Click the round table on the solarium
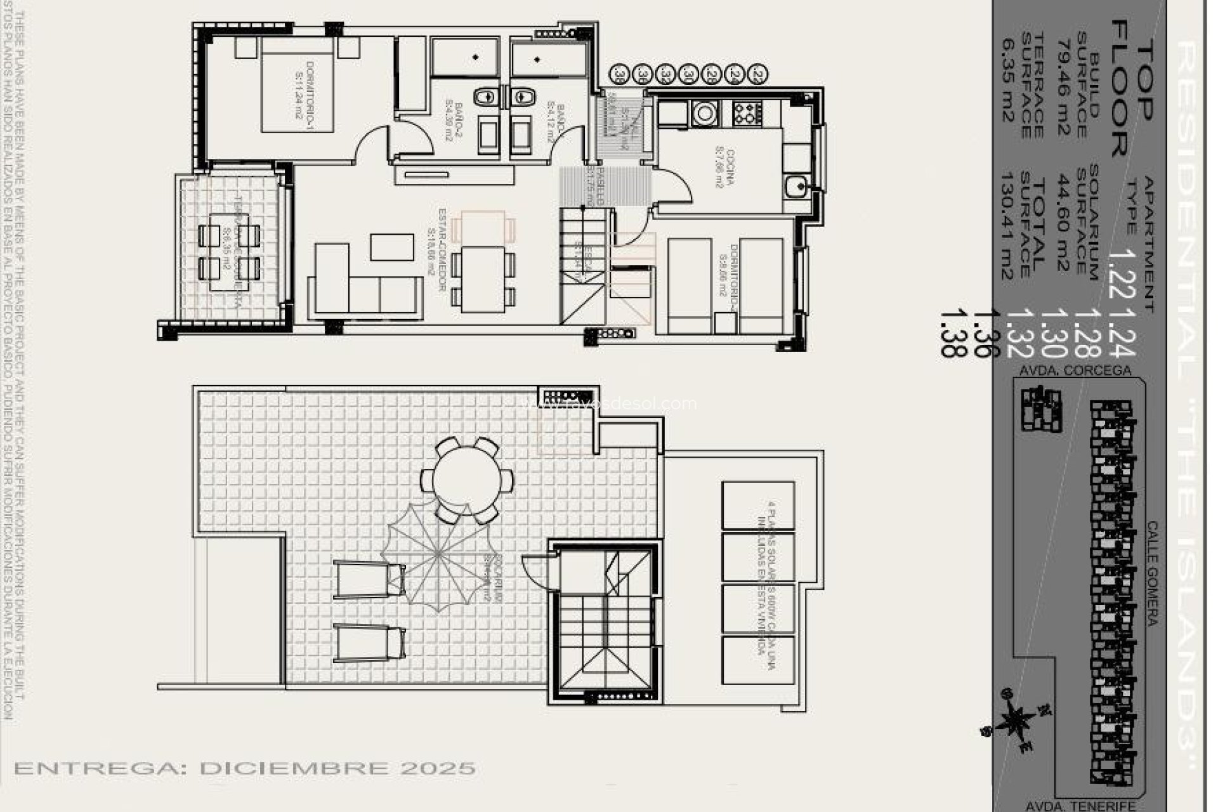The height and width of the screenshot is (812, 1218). click(x=466, y=479)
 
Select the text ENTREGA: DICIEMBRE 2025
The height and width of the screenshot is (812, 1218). click(x=245, y=768)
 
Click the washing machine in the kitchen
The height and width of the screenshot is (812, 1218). click(x=704, y=113)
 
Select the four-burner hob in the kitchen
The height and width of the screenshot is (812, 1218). click(x=747, y=113)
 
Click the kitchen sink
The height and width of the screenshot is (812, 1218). click(x=794, y=186)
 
